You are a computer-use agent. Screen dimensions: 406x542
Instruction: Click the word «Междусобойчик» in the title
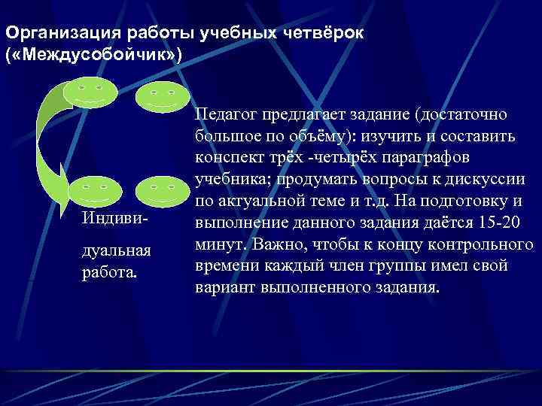point(92,56)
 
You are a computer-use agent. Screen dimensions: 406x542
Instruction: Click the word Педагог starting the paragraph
point(224,115)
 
